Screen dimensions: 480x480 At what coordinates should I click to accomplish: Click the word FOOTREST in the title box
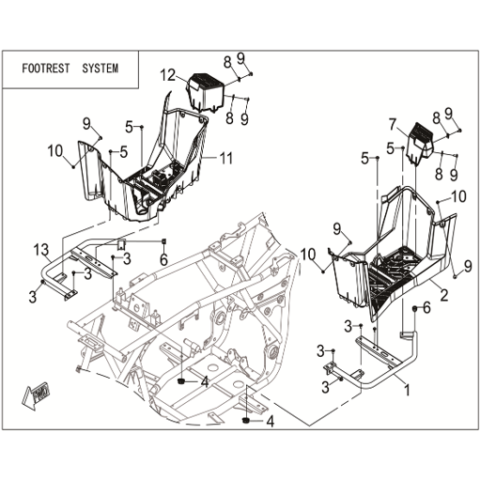click(46, 69)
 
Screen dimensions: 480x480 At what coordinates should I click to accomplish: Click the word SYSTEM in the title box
click(101, 69)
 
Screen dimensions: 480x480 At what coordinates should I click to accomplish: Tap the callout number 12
click(168, 75)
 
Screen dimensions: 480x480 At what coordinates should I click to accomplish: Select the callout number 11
click(226, 158)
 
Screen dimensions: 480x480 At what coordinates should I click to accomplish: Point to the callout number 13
click(41, 250)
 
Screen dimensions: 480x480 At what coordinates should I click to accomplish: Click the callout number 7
click(393, 124)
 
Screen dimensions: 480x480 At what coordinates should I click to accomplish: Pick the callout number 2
click(443, 295)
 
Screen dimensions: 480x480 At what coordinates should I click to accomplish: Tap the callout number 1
click(407, 390)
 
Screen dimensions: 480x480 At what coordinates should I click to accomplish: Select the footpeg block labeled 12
click(206, 91)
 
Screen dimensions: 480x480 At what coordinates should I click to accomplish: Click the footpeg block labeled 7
click(419, 143)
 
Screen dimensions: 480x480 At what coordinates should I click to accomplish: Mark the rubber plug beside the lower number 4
click(246, 421)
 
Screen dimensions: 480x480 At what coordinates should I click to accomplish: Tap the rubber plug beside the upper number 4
click(180, 381)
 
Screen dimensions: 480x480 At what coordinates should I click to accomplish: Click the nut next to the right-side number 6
click(414, 309)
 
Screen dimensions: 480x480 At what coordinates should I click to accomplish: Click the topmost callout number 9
click(240, 58)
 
